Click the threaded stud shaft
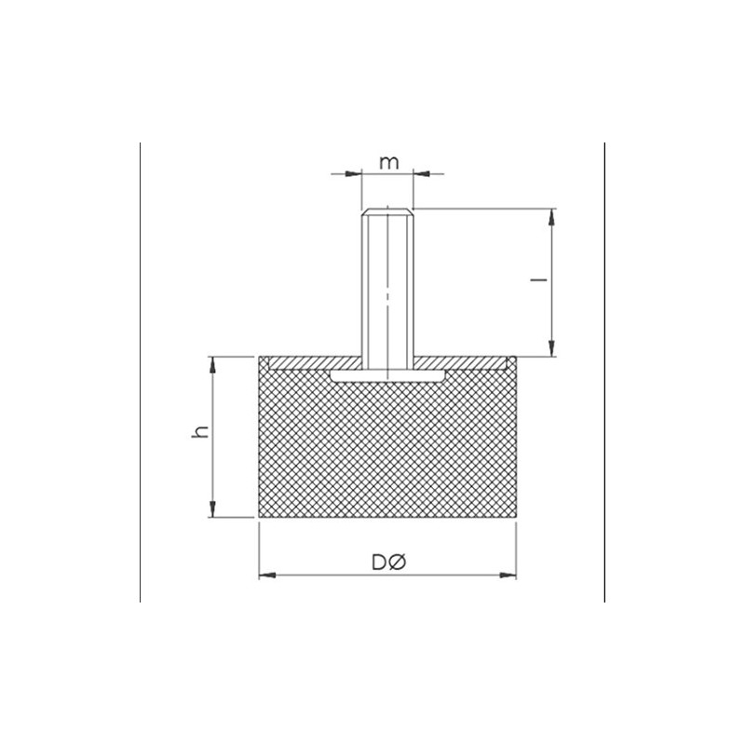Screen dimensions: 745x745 tap(386, 289)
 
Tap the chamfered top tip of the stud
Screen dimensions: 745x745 tap(386, 210)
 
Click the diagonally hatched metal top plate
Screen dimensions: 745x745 tap(307, 362)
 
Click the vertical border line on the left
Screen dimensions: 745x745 tap(140, 372)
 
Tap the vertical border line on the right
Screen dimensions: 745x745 tap(604, 372)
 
